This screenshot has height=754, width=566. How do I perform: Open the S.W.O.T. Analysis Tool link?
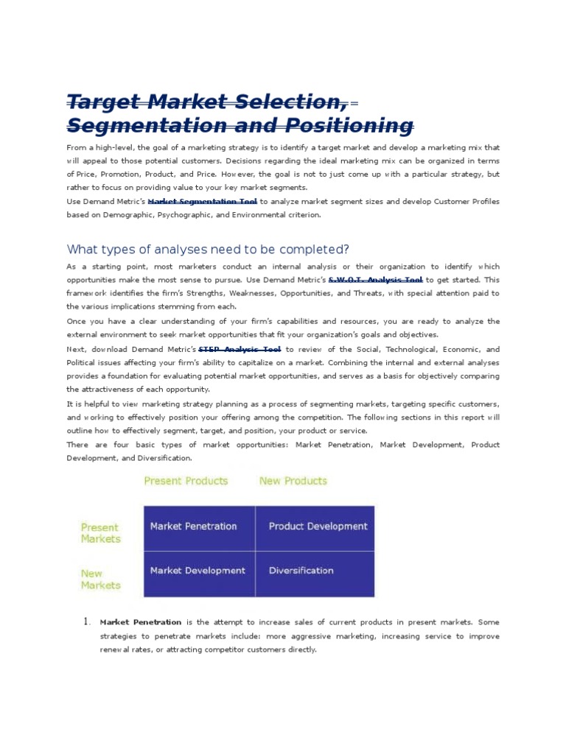375,280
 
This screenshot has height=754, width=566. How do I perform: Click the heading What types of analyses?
208,248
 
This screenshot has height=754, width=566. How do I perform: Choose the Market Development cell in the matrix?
198,571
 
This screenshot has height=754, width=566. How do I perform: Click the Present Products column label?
186,481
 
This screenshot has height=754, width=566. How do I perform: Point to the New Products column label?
293,481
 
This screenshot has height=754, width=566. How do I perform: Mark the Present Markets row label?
99,533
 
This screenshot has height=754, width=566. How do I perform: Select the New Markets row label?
100,579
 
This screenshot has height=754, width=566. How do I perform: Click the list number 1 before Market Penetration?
85,622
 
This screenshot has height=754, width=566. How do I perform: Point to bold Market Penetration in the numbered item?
140,622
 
